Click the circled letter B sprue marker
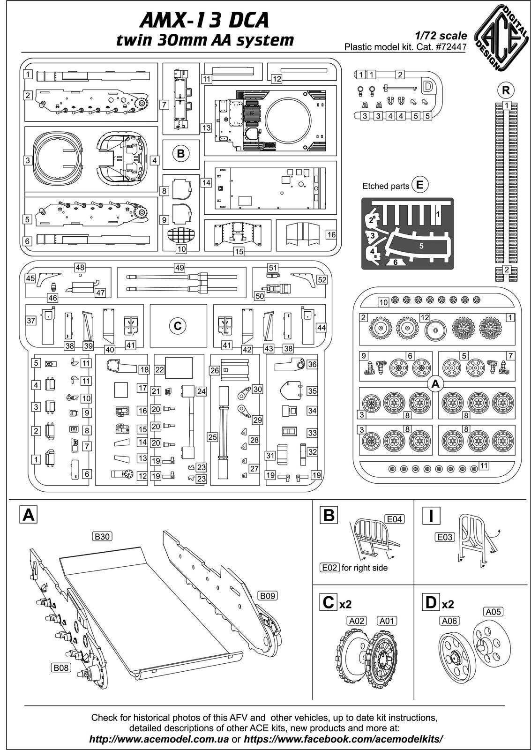[x=181, y=153]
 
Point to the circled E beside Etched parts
[x=419, y=185]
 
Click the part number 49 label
[x=179, y=268]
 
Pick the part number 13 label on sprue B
[x=207, y=127]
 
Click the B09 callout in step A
[x=267, y=596]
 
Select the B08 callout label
[x=61, y=667]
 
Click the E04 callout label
[x=394, y=519]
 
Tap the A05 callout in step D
[x=494, y=611]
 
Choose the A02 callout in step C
[x=357, y=621]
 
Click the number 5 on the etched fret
[x=421, y=245]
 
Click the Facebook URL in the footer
[x=343, y=739]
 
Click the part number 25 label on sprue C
[x=213, y=437]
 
